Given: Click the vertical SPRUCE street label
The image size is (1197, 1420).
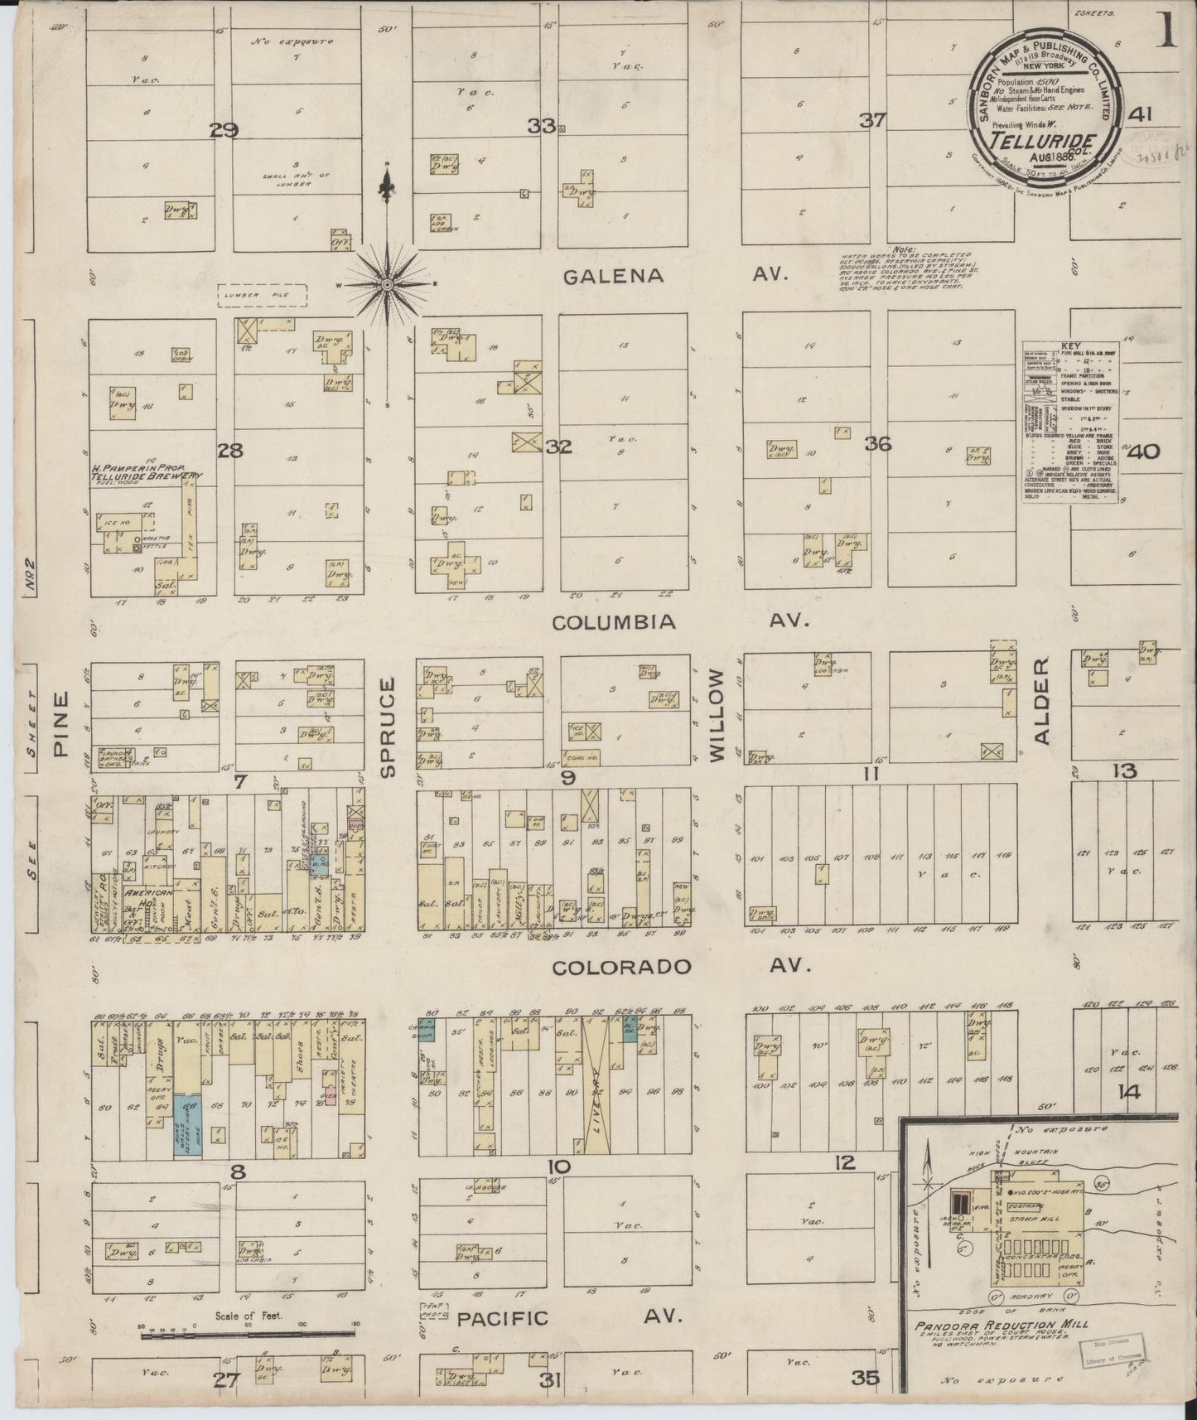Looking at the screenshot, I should pos(389,727).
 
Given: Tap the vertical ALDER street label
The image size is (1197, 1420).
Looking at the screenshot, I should pos(1041,701).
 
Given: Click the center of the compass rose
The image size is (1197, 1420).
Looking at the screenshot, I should pos(386,284).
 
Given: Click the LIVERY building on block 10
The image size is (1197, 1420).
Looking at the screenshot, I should pos(595,1085).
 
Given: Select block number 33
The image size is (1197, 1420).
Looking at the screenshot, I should pos(542,126).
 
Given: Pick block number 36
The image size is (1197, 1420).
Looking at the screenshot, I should pos(877,444).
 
